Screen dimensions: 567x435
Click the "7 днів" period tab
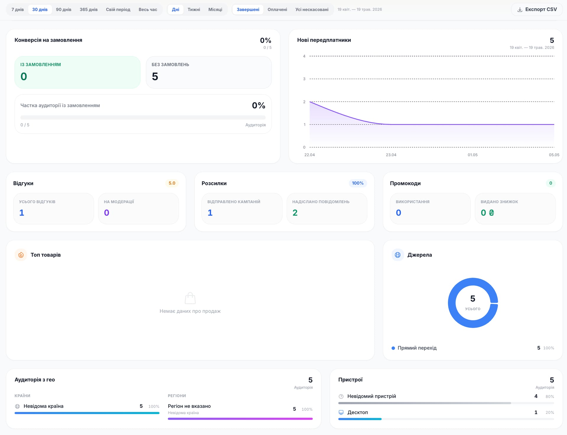pyautogui.click(x=18, y=9)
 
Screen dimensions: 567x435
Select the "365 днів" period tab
pyautogui.click(x=89, y=9)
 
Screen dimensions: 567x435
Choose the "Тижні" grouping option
pyautogui.click(x=194, y=9)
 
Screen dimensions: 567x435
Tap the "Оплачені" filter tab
pyautogui.click(x=277, y=9)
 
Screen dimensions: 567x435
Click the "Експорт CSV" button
pyautogui.click(x=537, y=9)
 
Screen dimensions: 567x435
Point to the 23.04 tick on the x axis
pyautogui.click(x=391, y=155)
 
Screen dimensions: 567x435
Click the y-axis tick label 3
pyautogui.click(x=304, y=79)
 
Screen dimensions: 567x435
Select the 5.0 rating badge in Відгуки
pyautogui.click(x=172, y=183)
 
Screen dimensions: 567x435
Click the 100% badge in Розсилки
pyautogui.click(x=358, y=183)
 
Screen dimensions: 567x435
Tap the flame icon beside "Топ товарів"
pyautogui.click(x=21, y=255)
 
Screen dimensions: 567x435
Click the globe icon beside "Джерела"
pyautogui.click(x=398, y=255)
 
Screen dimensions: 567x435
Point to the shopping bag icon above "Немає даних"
pyautogui.click(x=190, y=298)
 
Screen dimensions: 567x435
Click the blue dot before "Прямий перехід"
pyautogui.click(x=393, y=348)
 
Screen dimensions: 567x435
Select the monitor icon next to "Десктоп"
pyautogui.click(x=341, y=412)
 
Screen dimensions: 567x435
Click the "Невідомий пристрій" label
pyautogui.click(x=372, y=396)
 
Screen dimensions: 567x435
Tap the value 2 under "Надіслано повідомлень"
pyautogui.click(x=295, y=213)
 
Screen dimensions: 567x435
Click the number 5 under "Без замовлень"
pyautogui.click(x=155, y=76)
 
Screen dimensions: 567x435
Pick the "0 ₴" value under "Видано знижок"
pyautogui.click(x=487, y=213)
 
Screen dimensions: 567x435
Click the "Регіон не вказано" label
pyautogui.click(x=189, y=406)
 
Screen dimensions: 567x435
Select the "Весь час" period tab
pyautogui.click(x=148, y=9)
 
